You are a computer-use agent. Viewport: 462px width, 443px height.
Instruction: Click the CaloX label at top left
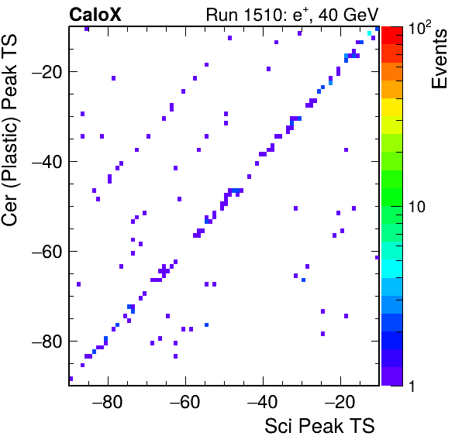(x=95, y=15)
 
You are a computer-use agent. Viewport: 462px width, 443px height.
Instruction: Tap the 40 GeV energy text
(x=349, y=15)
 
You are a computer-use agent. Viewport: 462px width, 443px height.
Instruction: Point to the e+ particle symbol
(x=301, y=15)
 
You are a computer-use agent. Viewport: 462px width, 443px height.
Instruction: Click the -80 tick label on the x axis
(x=107, y=402)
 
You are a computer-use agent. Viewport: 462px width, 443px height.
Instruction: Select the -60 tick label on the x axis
(x=184, y=402)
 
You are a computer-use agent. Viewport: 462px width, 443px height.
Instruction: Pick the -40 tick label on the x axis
(x=262, y=402)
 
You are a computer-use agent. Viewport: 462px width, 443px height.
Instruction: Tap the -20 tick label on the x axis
(x=340, y=402)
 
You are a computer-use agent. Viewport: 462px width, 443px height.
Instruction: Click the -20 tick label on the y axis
(x=47, y=71)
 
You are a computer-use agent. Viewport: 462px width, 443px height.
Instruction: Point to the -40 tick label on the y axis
(x=47, y=161)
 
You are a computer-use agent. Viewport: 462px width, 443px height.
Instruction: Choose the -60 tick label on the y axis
(x=47, y=252)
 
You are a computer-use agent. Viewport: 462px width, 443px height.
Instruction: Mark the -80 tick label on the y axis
(x=47, y=341)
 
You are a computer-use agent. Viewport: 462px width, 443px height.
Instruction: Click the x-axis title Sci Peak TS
(x=319, y=426)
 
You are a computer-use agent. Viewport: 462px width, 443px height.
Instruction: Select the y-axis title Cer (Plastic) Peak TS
(x=9, y=130)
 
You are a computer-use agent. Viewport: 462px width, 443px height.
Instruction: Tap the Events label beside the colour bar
(x=440, y=59)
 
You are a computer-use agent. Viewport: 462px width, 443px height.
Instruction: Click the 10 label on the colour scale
(x=417, y=207)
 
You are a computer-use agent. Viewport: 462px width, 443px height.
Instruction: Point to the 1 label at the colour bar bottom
(x=412, y=386)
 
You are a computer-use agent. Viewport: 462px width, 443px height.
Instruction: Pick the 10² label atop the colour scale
(x=419, y=27)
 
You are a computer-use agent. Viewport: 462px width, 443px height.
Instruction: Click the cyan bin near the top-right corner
(x=369, y=33)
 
